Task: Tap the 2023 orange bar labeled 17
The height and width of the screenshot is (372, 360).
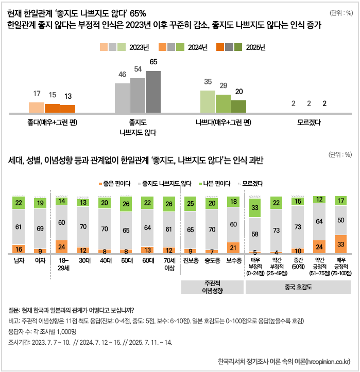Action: click(37, 107)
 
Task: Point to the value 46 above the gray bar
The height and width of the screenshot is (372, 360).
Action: click(122, 74)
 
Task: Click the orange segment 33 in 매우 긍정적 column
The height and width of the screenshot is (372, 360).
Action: click(341, 244)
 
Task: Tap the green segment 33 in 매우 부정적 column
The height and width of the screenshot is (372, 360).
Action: click(254, 208)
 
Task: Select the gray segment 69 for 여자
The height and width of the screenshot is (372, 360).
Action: click(41, 228)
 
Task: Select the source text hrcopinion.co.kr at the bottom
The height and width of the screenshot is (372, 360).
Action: click(328, 360)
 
